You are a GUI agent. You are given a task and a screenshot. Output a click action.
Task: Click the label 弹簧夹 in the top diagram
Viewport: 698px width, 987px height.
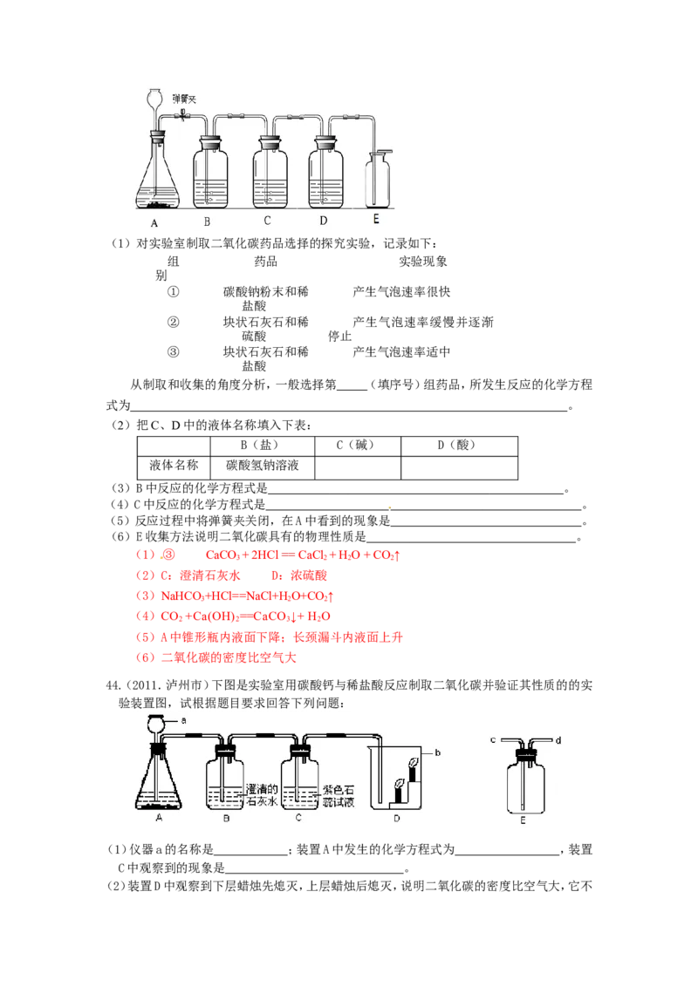[x=185, y=100]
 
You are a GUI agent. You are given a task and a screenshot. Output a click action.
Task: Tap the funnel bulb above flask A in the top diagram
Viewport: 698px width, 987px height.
[x=156, y=98]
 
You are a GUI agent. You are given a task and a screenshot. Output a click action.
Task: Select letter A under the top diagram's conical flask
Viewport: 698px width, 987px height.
[x=154, y=223]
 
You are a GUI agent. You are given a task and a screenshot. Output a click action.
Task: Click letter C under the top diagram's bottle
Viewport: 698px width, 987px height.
[x=267, y=221]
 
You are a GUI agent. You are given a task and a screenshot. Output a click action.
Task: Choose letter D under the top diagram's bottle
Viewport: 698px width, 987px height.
[x=323, y=221]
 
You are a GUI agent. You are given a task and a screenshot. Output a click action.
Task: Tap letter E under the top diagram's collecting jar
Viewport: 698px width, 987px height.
[x=376, y=220]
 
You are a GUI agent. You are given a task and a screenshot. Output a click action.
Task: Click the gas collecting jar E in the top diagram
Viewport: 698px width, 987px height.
[x=379, y=181]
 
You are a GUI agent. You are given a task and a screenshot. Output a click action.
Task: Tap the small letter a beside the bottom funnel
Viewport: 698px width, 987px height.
[x=184, y=721]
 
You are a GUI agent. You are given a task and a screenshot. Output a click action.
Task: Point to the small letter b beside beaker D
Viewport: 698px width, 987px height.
[x=437, y=751]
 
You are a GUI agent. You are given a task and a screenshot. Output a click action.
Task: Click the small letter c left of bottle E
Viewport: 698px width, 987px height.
[x=494, y=740]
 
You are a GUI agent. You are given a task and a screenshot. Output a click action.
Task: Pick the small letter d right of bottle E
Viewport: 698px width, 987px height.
[x=558, y=740]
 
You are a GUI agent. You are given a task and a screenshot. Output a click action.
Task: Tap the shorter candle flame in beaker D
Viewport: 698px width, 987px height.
[x=400, y=784]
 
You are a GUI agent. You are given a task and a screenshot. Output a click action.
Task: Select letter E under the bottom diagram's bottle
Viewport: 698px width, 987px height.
[x=523, y=820]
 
